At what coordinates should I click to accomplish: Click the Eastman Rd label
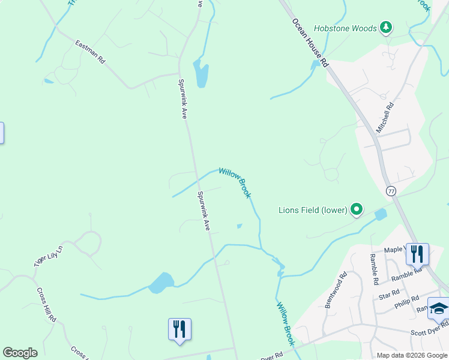click(x=91, y=52)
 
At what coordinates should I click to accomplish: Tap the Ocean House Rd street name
click(x=311, y=42)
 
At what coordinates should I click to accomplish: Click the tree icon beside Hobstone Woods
click(x=387, y=28)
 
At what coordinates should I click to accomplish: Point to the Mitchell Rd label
click(x=385, y=118)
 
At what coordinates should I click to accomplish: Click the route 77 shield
click(x=391, y=191)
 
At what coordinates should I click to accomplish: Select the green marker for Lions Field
click(x=357, y=209)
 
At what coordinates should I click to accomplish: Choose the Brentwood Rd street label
click(x=336, y=291)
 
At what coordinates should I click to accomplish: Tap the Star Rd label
click(x=390, y=295)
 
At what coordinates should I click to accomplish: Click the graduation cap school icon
click(x=439, y=308)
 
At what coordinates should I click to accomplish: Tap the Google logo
click(x=20, y=353)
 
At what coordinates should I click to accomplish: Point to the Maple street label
click(x=393, y=250)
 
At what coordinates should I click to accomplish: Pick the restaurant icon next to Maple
click(x=417, y=254)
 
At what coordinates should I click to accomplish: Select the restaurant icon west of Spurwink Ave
click(x=179, y=329)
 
